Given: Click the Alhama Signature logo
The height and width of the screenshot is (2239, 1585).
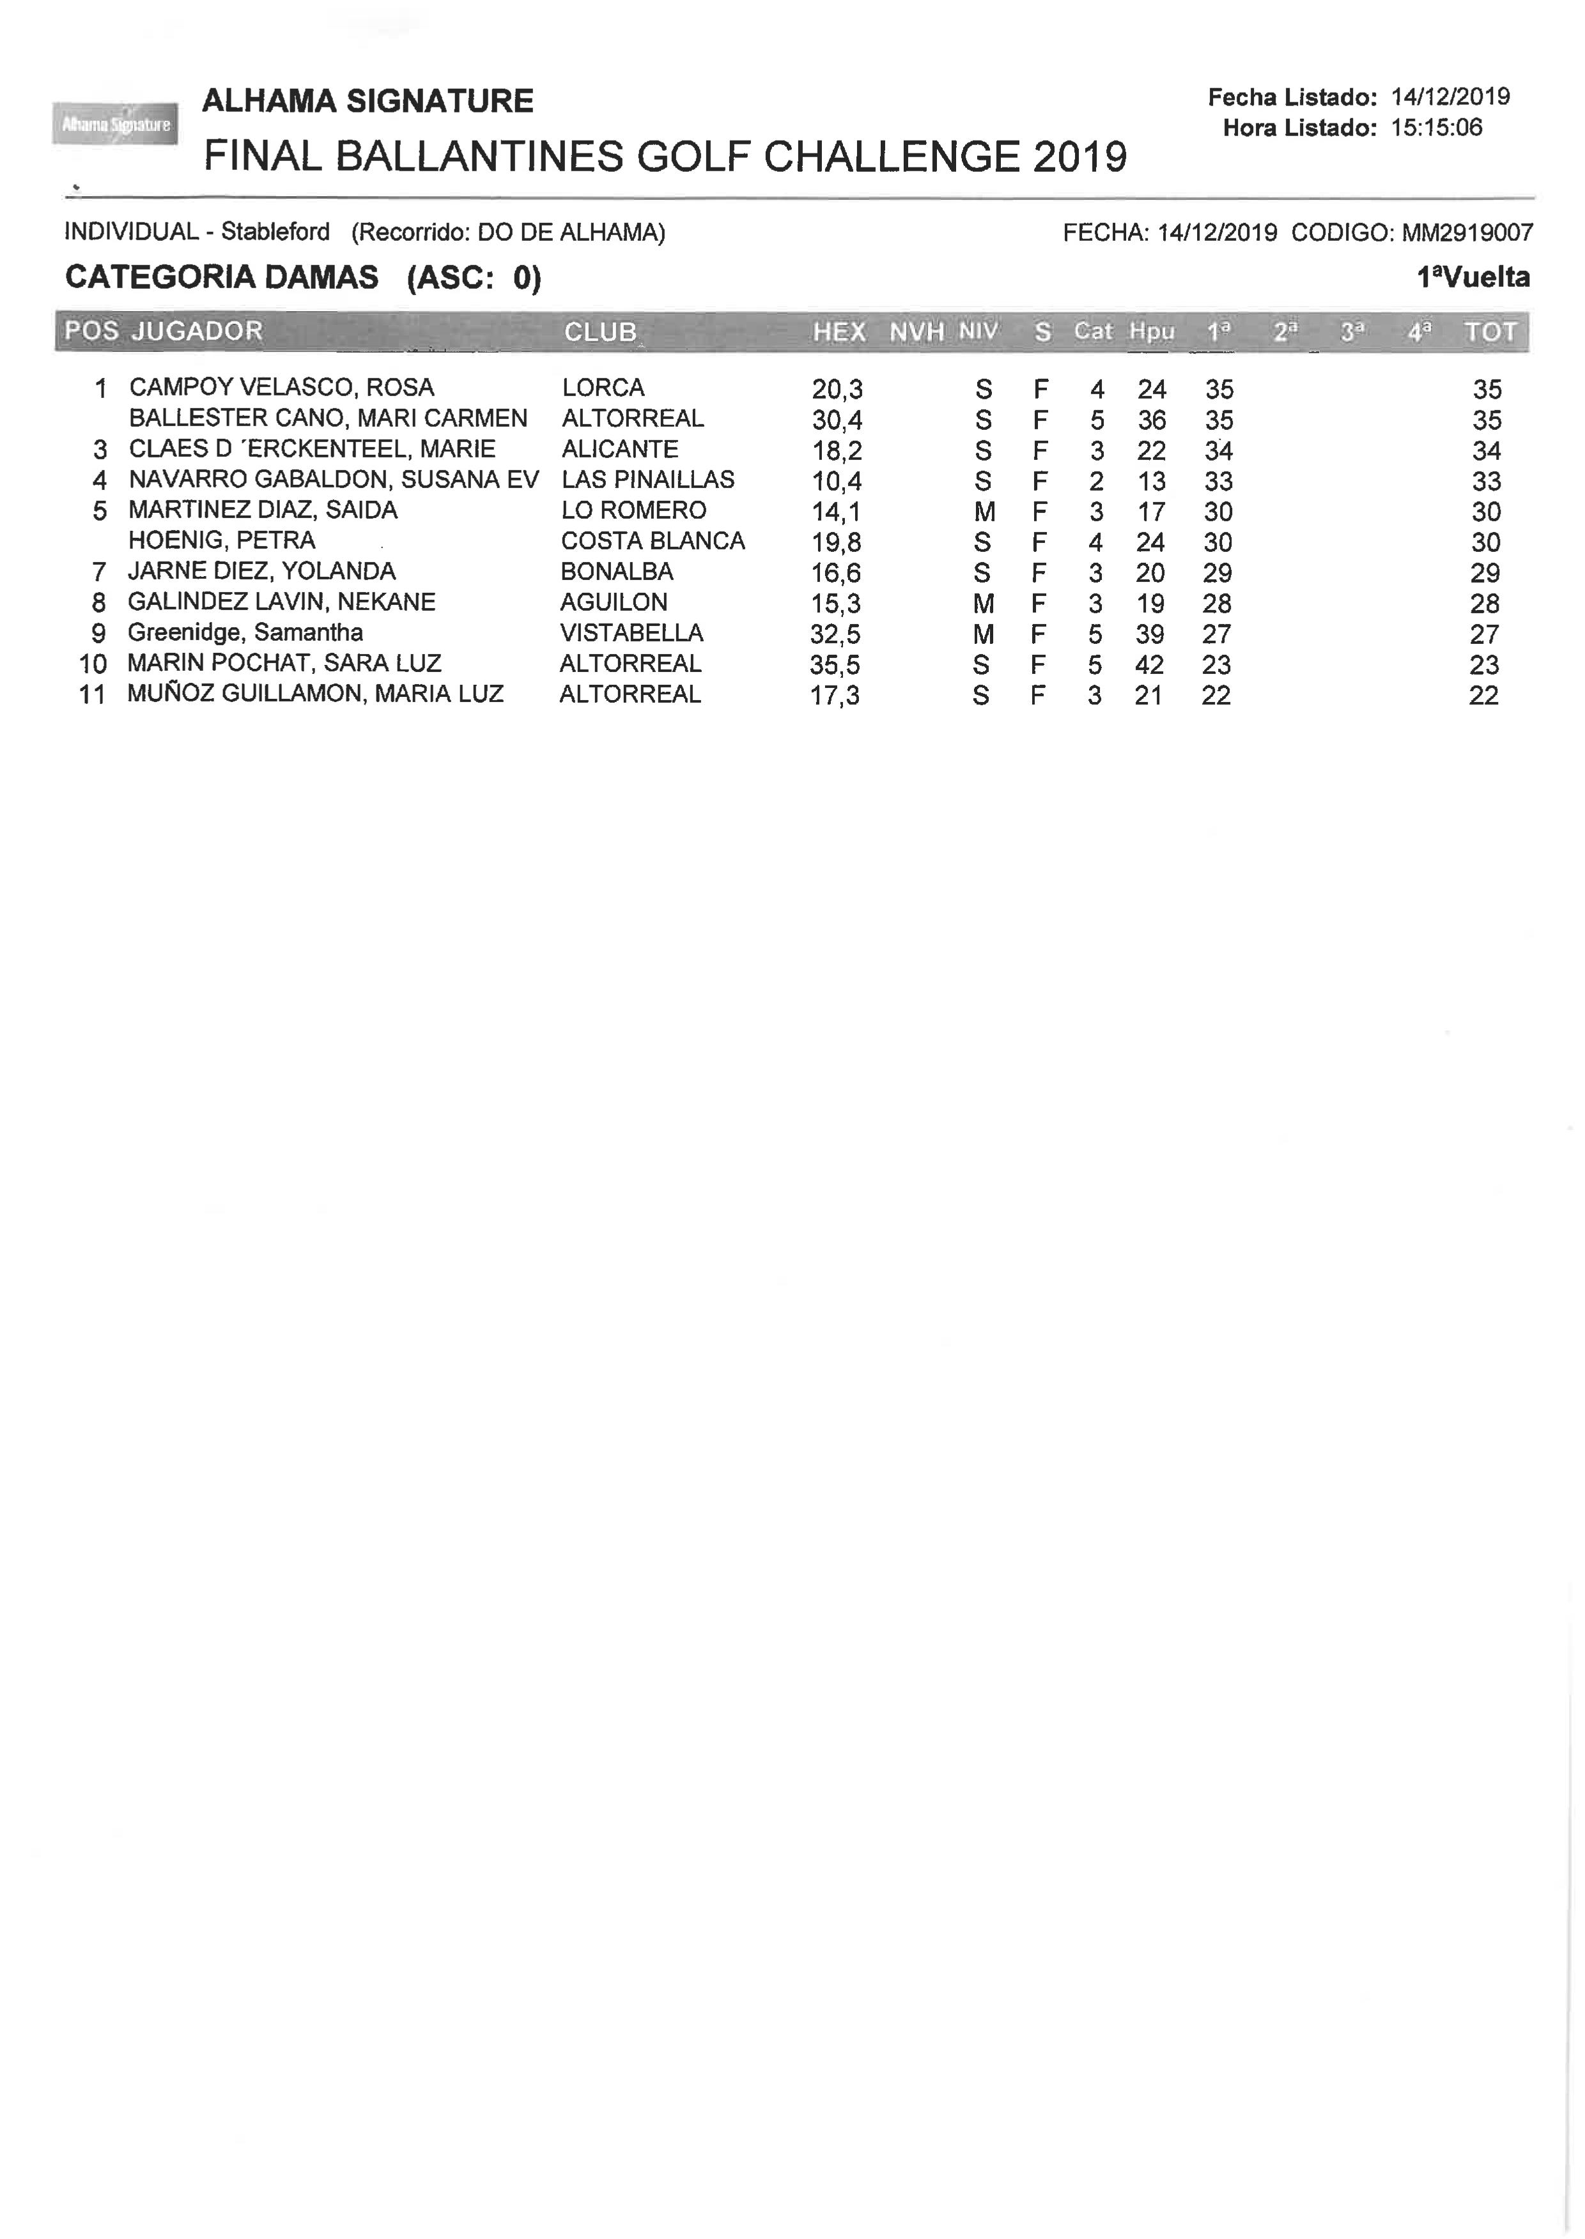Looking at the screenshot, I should click(115, 124).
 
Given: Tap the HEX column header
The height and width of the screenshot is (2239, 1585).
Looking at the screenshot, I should click(839, 332).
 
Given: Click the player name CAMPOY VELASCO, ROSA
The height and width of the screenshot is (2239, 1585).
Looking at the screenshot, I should click(281, 387).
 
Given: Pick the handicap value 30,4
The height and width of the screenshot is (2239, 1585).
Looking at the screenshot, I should click(837, 420).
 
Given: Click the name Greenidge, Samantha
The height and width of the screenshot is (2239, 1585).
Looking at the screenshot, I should click(245, 632).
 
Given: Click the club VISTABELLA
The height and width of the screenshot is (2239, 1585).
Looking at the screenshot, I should click(631, 632).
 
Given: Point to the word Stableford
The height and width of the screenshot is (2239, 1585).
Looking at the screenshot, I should click(275, 232).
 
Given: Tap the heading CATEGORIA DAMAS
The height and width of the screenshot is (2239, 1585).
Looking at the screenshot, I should click(222, 277).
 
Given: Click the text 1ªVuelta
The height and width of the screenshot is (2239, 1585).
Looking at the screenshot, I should click(1473, 277).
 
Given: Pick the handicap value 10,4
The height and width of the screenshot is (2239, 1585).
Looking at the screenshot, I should click(837, 481).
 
